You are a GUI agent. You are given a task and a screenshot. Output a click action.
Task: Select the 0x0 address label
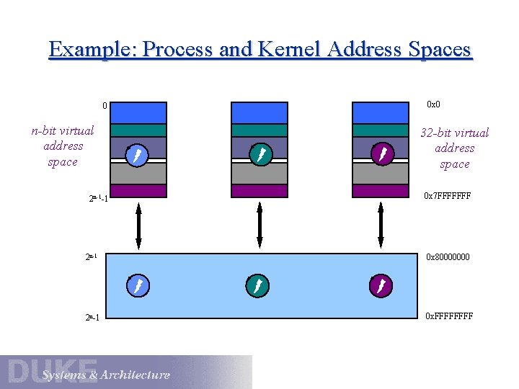click(x=433, y=105)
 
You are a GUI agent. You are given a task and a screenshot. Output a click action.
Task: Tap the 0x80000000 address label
click(x=448, y=256)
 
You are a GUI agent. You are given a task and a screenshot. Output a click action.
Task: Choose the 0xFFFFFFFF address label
click(x=449, y=316)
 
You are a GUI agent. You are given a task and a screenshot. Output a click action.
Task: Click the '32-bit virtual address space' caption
click(x=455, y=148)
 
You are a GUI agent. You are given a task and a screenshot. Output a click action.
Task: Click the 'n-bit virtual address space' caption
click(x=63, y=146)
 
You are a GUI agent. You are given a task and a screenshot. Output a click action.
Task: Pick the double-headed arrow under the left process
click(x=138, y=226)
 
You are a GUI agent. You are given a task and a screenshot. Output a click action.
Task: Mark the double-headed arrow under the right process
click(x=381, y=226)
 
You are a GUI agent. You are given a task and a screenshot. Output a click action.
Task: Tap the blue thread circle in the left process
click(x=138, y=155)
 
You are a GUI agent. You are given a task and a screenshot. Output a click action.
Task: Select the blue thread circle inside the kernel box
click(x=138, y=287)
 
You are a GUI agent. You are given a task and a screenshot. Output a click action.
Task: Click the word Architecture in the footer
click(x=136, y=375)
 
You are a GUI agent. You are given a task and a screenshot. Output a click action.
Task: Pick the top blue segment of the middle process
click(x=259, y=113)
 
